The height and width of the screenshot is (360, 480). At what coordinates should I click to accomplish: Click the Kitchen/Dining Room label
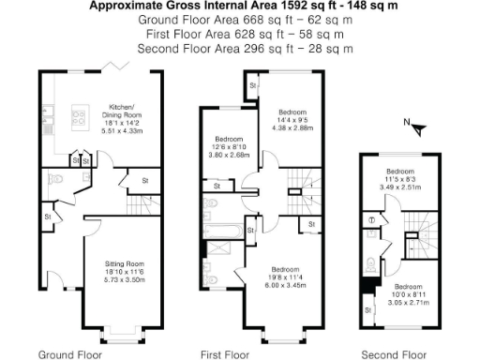coord(123,110)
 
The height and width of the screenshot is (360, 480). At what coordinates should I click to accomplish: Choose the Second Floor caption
coord(395,354)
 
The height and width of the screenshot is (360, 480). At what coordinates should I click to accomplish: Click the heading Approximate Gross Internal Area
coord(240,6)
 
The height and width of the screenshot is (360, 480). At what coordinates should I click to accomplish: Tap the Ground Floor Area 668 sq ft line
coord(240,20)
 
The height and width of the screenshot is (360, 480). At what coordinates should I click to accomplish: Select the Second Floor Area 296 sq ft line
coord(240,48)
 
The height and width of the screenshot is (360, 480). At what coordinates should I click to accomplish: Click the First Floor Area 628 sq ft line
coord(240,34)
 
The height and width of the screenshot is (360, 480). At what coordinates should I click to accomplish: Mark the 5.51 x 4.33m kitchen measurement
coord(123,131)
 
